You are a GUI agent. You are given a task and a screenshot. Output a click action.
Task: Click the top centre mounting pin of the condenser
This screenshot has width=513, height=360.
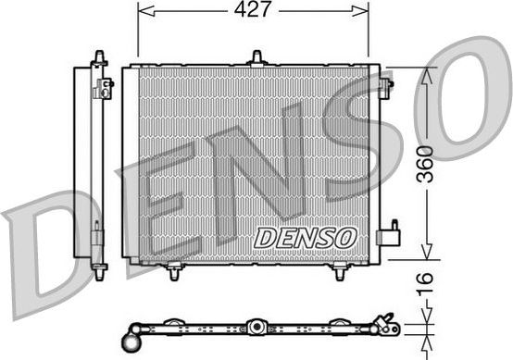click(x=256, y=58)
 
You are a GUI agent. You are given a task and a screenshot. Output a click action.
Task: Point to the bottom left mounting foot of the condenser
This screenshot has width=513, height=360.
click(x=173, y=271)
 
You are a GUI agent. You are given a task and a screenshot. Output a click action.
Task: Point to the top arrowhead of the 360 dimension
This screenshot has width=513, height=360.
click(x=426, y=74)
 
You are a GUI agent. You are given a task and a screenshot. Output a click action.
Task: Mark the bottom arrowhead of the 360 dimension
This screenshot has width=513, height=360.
click(x=426, y=256)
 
